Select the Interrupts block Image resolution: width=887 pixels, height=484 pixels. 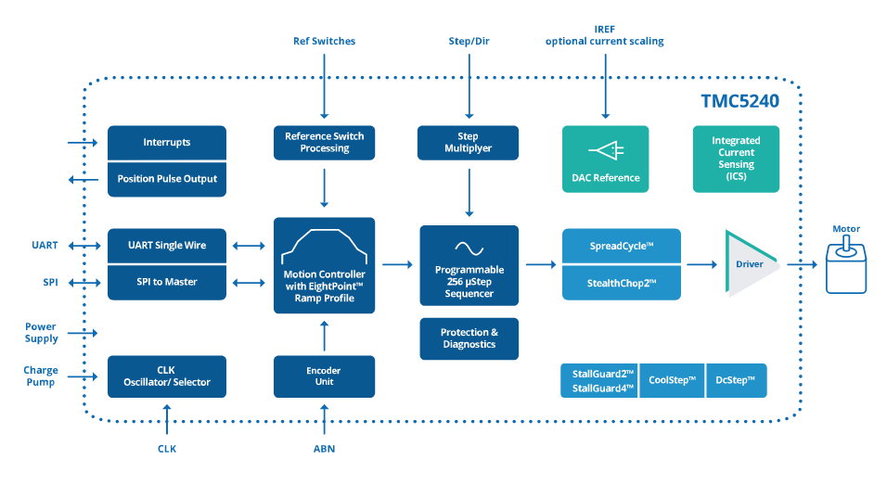pos(167,143)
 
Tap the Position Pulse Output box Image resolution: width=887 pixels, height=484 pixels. pos(167,178)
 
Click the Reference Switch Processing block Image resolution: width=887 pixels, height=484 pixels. pos(325,142)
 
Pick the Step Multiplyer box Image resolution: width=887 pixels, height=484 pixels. pos(468,142)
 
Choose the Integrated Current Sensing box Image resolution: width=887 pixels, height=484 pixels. pos(736,159)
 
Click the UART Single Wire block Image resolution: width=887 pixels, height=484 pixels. pos(167,246)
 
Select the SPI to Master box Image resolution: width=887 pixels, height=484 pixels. pos(167,281)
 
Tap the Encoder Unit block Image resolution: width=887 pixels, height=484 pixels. pos(325,376)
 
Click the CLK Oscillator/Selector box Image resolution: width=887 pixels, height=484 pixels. pos(167,376)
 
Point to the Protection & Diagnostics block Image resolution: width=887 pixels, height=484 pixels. pos(468,338)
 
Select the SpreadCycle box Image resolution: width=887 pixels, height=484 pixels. pos(621,246)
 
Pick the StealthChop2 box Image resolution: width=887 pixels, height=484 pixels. pos(621,281)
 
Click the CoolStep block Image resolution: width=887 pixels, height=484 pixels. pos(672,379)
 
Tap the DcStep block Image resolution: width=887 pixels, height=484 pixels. pos(736,379)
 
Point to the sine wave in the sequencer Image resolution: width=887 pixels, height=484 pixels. pos(468,248)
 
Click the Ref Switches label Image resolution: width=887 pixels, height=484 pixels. pos(324,41)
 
